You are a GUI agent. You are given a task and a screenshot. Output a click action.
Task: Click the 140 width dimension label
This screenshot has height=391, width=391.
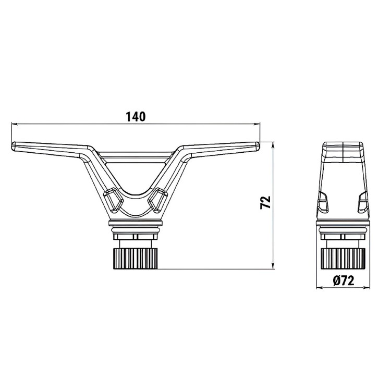point(136,117)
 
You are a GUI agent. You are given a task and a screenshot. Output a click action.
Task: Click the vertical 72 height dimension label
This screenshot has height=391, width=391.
point(265,202)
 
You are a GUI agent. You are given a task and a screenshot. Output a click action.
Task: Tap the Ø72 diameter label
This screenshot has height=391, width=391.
point(343,281)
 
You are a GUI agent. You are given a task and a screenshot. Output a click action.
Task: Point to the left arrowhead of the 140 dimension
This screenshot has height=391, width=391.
point(14,124)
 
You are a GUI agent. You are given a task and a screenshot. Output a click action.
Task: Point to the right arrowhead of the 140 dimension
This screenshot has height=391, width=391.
point(257,124)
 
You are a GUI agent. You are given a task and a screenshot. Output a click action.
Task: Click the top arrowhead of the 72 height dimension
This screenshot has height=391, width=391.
point(273,144)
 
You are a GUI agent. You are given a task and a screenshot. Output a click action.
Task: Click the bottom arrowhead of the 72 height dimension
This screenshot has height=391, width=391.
point(273,266)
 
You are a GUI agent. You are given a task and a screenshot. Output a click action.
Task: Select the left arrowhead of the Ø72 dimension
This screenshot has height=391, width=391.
point(319,288)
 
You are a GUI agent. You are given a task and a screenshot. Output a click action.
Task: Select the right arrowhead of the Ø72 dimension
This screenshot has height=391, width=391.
point(367,288)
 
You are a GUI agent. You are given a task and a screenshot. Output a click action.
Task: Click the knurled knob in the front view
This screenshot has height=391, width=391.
point(136,259)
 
